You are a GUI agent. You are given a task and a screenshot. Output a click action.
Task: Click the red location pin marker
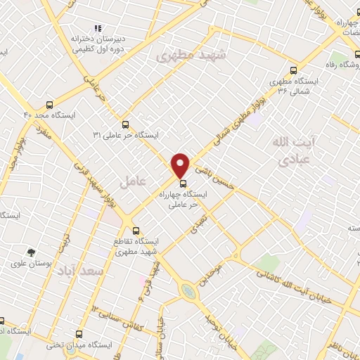click(181, 165)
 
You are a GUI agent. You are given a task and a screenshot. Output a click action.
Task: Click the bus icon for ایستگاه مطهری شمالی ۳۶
click(293, 70)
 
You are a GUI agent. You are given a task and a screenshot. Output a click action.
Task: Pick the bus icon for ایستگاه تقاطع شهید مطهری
click(136, 230)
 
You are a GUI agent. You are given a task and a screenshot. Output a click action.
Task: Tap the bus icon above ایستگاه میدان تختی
click(77, 335)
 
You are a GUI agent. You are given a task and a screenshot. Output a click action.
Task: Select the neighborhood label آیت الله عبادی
click(293, 150)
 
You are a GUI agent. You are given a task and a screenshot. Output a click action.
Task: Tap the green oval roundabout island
click(187, 291)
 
